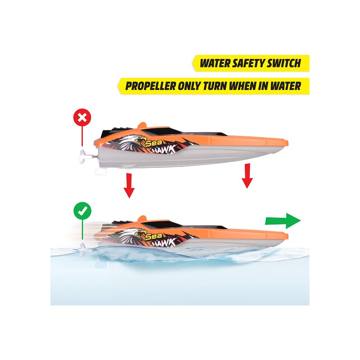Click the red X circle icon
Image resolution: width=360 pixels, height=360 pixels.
pos(82,117)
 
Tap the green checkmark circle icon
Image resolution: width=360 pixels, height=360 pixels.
pos(82,211)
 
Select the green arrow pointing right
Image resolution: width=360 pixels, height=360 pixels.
pos(283,221)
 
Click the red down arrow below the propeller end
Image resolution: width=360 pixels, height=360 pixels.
pos(129,185)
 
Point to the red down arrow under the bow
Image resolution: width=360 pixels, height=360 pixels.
pos(247,176)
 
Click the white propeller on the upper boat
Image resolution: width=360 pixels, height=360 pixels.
pos(84,157)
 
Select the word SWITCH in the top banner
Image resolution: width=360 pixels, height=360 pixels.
pos(283,63)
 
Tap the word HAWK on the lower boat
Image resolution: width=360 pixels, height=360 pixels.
pos(165,242)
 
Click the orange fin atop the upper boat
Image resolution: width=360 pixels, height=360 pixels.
pos(142,125)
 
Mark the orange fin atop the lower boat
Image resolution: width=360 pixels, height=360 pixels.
pos(142,218)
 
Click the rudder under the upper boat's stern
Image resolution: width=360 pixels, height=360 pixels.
pos(101,171)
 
